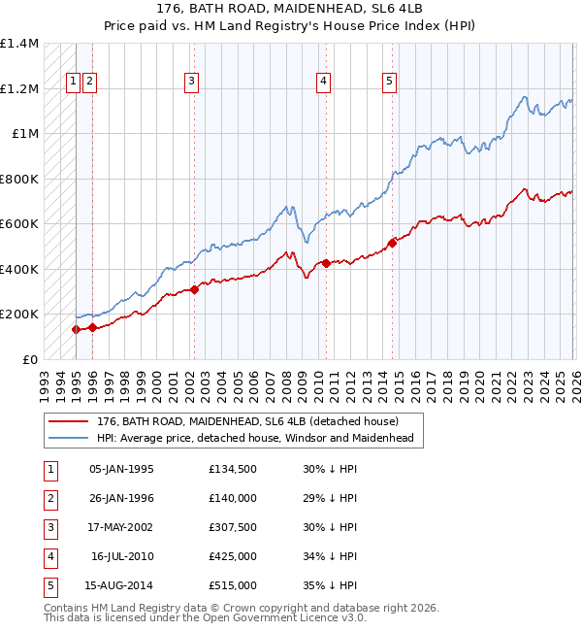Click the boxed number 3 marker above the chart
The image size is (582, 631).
coord(192,82)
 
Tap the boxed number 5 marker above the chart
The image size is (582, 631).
coord(389,82)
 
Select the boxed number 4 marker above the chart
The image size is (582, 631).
coord(323,82)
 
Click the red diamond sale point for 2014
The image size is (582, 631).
coord(393,243)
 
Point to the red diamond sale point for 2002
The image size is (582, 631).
coord(194,289)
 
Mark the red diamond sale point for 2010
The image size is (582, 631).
coord(326,263)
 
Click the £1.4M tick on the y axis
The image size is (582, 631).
coord(19,44)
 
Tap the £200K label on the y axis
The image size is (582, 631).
coord(19,315)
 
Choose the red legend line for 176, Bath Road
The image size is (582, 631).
coord(70,421)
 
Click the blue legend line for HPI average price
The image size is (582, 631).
coord(70,438)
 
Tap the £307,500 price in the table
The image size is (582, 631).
coord(232,527)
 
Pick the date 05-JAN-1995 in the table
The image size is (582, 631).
coord(121,469)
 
